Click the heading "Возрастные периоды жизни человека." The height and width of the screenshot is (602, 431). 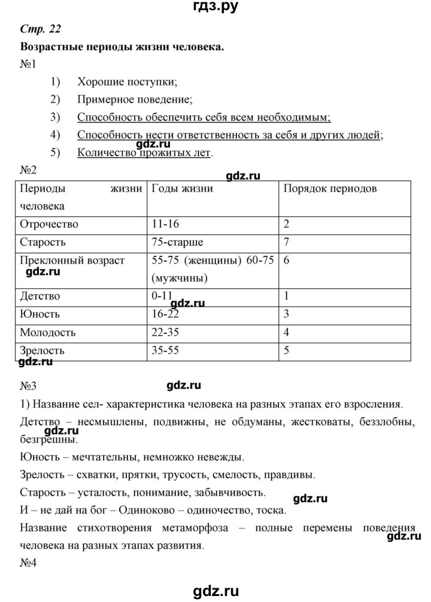pos(122,46)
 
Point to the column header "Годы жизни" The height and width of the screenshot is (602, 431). pos(183,189)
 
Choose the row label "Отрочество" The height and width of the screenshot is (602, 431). pos(49,225)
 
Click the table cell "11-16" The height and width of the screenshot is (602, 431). pos(166,224)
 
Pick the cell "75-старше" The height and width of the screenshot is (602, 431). pos(178,243)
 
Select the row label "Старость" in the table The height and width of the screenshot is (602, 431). pos(43,243)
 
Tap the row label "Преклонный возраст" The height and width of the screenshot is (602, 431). pos(72,261)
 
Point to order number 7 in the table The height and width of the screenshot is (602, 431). pos(287,243)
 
